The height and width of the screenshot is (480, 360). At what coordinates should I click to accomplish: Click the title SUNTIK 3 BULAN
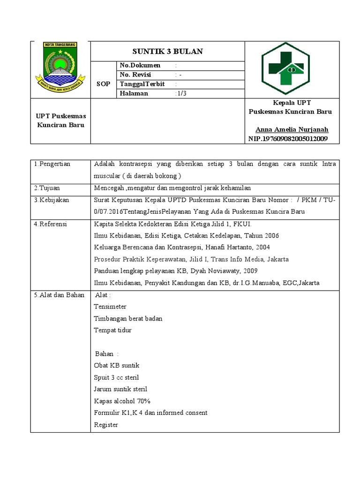[x=167, y=52]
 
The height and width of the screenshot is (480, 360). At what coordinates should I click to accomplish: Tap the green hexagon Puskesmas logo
[x=285, y=69]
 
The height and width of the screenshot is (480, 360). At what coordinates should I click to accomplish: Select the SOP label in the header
[x=103, y=84]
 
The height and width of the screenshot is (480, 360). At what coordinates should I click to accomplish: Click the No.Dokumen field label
[x=140, y=66]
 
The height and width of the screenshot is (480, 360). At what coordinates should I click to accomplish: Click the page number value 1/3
[x=180, y=93]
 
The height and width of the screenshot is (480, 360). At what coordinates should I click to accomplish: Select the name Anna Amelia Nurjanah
[x=292, y=130]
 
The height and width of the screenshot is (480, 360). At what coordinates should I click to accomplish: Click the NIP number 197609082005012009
[x=288, y=139]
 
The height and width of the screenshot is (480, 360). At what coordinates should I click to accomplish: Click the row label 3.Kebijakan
[x=51, y=200]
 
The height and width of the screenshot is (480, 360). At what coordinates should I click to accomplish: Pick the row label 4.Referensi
[x=51, y=224]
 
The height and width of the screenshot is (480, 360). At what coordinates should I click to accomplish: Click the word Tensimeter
[x=110, y=307]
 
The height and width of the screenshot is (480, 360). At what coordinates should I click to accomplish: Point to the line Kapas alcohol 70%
[x=122, y=401]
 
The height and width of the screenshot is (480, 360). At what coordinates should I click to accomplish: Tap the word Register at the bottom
[x=106, y=425]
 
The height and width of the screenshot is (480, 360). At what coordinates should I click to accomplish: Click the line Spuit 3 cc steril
[x=116, y=377]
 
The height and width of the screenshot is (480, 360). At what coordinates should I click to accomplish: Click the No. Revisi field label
[x=139, y=75]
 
